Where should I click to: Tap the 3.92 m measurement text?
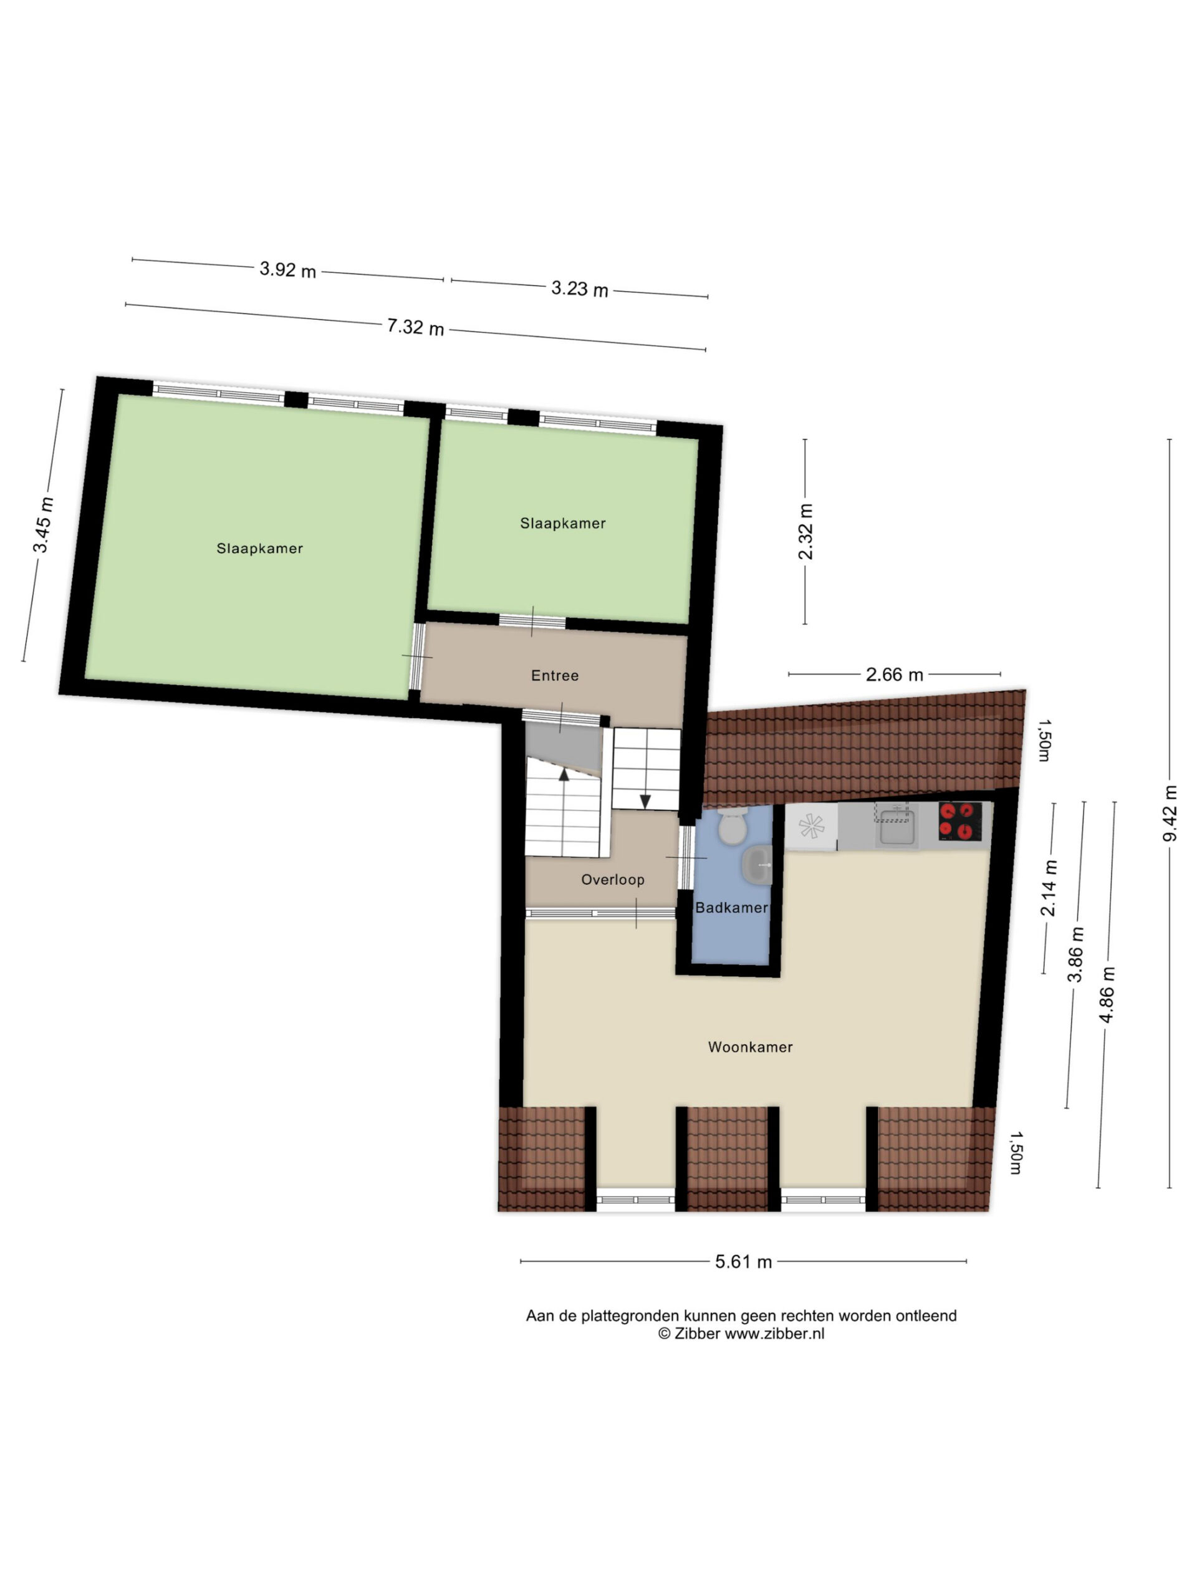pyautogui.click(x=288, y=270)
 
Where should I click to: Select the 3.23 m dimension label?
pyautogui.click(x=579, y=289)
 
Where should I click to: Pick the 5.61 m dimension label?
pyautogui.click(x=743, y=1261)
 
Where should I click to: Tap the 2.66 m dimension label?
pyautogui.click(x=894, y=674)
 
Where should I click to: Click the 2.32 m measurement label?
pyautogui.click(x=805, y=531)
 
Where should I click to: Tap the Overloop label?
pyautogui.click(x=613, y=880)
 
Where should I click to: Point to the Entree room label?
pyautogui.click(x=555, y=675)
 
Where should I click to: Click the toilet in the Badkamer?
pyautogui.click(x=733, y=825)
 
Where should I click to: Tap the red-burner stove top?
pyautogui.click(x=959, y=821)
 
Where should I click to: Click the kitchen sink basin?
pyautogui.click(x=897, y=827)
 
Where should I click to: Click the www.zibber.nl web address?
pyautogui.click(x=774, y=1334)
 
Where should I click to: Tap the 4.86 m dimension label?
pyautogui.click(x=1107, y=994)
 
